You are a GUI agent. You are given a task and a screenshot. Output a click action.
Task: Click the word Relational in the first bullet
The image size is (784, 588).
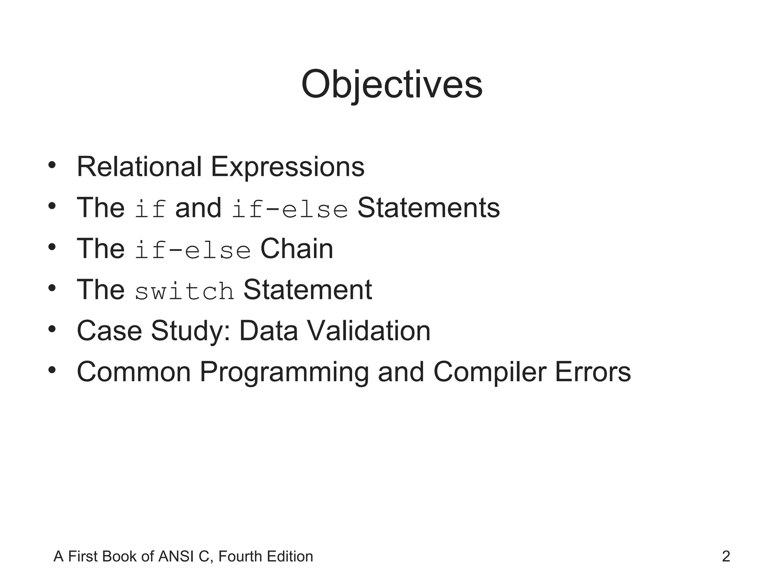(139, 167)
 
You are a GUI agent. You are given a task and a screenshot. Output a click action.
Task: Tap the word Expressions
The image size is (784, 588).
(287, 167)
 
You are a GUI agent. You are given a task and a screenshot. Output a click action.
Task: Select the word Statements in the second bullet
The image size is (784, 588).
(428, 208)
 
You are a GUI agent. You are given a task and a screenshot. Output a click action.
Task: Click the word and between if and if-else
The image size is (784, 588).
(198, 208)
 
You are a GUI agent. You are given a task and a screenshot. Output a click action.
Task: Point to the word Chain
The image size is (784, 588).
(297, 249)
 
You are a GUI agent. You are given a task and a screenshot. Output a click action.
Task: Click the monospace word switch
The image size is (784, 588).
(184, 291)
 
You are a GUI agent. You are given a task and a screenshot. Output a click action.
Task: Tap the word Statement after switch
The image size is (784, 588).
(307, 290)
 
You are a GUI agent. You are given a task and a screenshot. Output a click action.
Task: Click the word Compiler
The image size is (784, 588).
(489, 372)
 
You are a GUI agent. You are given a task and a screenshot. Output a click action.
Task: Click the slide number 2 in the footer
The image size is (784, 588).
(726, 557)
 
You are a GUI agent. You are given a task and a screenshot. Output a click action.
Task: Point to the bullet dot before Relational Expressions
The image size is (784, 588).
(52, 165)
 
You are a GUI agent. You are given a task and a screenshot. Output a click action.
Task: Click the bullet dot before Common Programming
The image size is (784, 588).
(52, 370)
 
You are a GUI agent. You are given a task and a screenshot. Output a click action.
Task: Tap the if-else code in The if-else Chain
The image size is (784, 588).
(193, 250)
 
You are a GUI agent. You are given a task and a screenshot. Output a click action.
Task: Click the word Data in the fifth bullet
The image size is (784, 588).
(268, 331)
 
